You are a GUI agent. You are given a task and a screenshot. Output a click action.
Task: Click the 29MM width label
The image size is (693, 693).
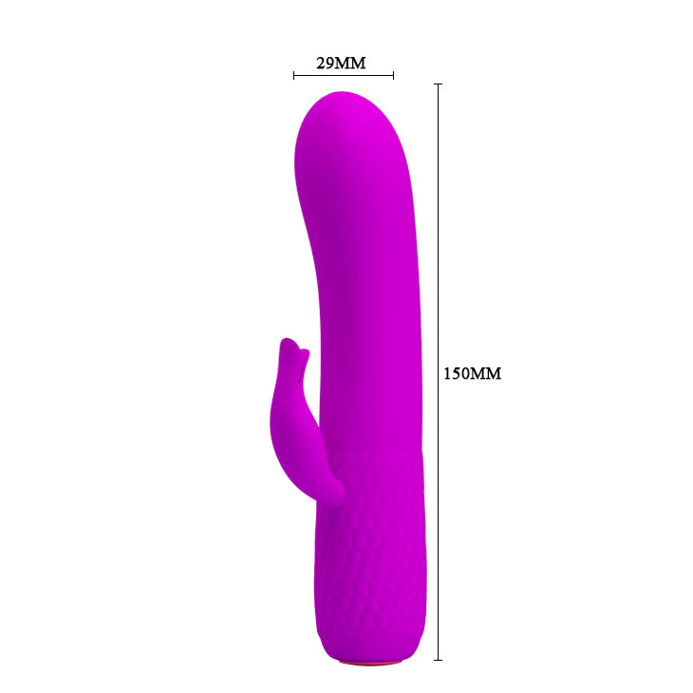(x=341, y=64)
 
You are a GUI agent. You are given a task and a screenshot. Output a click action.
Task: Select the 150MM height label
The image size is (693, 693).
(x=472, y=373)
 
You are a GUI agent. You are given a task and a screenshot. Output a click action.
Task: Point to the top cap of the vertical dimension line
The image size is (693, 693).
(x=438, y=84)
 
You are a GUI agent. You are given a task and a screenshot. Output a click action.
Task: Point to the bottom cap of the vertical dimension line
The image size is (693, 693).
(x=438, y=659)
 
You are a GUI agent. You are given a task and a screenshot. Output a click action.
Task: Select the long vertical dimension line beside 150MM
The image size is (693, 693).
(x=438, y=237)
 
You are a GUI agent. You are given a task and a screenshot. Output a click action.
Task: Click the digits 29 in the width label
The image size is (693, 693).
(x=325, y=64)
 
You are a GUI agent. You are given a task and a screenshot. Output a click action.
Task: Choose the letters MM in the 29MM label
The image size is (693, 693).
(x=352, y=64)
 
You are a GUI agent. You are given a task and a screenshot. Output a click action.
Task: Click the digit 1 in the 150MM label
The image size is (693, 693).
(x=448, y=373)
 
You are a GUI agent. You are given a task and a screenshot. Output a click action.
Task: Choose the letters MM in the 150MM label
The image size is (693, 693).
(x=486, y=373)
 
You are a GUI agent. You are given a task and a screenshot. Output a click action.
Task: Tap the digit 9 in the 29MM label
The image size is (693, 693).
(x=330, y=64)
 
